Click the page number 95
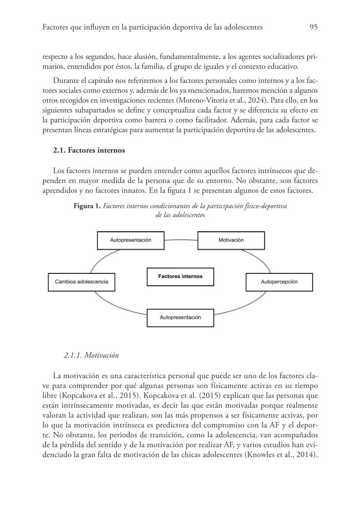(x=313, y=28)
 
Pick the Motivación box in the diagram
(x=231, y=240)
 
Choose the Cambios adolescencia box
(x=81, y=282)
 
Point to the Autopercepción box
(x=279, y=282)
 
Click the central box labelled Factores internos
(x=180, y=276)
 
